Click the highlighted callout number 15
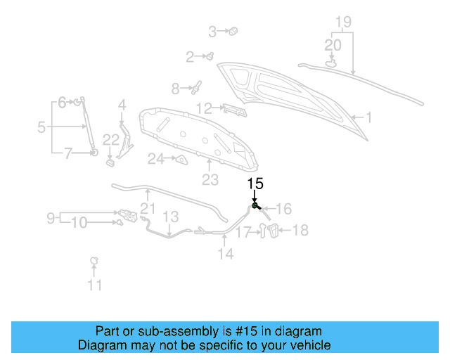pyautogui.click(x=255, y=184)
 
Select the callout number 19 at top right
pyautogui.click(x=342, y=22)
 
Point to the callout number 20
pyautogui.click(x=333, y=44)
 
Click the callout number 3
pyautogui.click(x=212, y=31)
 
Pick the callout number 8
pyautogui.click(x=176, y=89)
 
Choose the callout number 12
pyautogui.click(x=204, y=108)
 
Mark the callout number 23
pyautogui.click(x=210, y=180)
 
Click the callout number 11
pyautogui.click(x=94, y=285)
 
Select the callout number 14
pyautogui.click(x=225, y=254)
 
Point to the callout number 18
pyautogui.click(x=300, y=230)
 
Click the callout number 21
pyautogui.click(x=147, y=207)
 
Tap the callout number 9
pyautogui.click(x=51, y=218)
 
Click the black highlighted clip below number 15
pyautogui.click(x=256, y=206)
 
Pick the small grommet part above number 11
pyautogui.click(x=92, y=262)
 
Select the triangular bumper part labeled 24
pyautogui.click(x=181, y=160)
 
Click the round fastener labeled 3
pyautogui.click(x=233, y=30)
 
